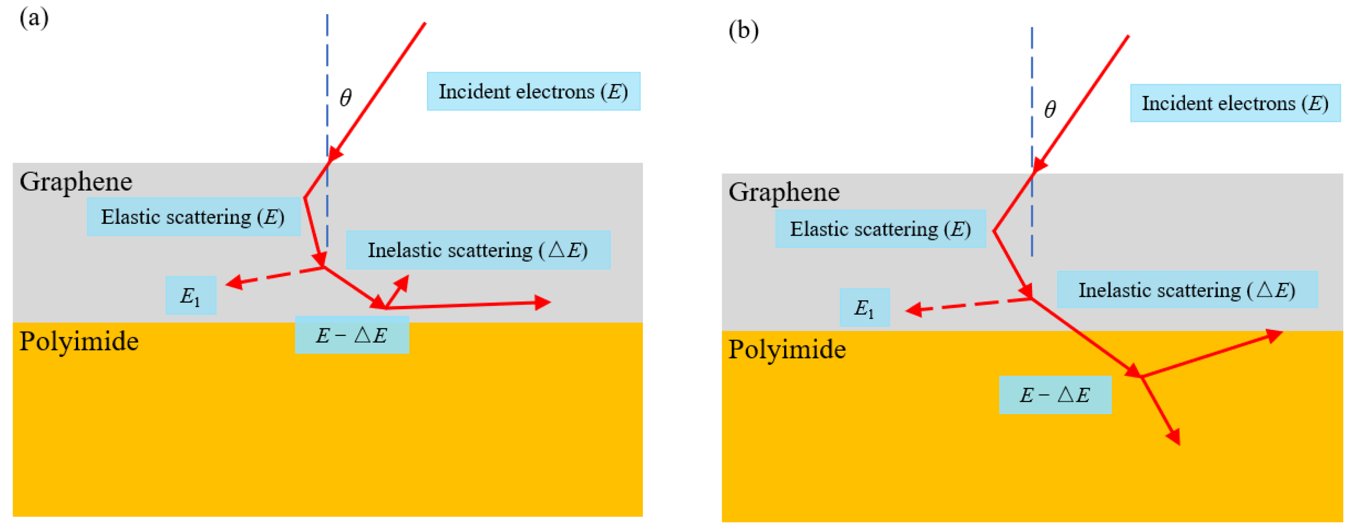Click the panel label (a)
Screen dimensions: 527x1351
click(34, 18)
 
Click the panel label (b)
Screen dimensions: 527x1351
click(743, 30)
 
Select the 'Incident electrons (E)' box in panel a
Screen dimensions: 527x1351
click(533, 91)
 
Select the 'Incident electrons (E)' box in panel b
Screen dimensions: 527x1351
click(1235, 103)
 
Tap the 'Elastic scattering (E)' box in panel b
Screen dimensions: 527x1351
click(880, 229)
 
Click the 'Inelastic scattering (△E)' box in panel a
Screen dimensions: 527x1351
click(478, 250)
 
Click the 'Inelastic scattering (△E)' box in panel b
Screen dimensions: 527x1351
click(1187, 290)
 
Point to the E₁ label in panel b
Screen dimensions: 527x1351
click(864, 308)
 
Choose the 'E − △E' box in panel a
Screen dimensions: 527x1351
click(352, 335)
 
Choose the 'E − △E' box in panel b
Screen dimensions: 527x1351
click(1055, 395)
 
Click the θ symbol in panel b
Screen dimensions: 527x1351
click(1050, 109)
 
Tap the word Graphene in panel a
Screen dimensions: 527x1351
click(76, 182)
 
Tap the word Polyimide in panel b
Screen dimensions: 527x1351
click(786, 349)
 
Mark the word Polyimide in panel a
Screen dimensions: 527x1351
click(79, 341)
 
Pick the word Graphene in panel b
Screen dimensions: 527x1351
click(784, 192)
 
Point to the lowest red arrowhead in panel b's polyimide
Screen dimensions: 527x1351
click(1175, 437)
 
